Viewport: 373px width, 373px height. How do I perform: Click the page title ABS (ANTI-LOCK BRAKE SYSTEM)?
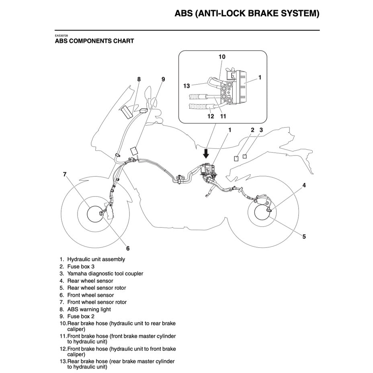(x=247, y=13)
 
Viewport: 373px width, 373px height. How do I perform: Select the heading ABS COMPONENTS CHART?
(x=94, y=41)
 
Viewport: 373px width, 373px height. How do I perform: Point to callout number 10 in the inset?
(x=222, y=57)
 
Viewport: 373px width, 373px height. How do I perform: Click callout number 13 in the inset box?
(x=186, y=86)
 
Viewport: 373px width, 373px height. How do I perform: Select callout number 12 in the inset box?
(x=210, y=117)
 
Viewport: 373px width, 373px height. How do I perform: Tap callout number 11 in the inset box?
(x=223, y=117)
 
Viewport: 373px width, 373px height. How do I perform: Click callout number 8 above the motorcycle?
(x=139, y=79)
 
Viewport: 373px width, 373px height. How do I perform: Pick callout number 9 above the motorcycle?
(x=163, y=79)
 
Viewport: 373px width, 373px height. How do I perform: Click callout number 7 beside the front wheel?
(x=64, y=174)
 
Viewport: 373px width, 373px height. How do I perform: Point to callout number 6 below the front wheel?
(x=128, y=248)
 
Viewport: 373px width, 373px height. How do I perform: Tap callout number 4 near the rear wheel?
(x=304, y=185)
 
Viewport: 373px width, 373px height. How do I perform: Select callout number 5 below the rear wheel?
(x=304, y=236)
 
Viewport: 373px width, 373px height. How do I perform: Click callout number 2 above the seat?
(x=252, y=130)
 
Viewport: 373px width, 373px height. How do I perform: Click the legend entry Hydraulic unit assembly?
(x=96, y=260)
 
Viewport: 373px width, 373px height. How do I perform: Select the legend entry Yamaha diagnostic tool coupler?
(x=105, y=274)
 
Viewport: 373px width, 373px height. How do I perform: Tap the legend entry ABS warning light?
(x=89, y=309)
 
